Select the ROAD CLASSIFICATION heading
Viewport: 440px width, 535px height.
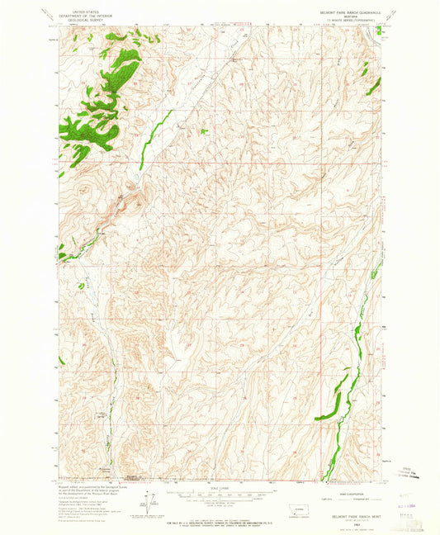coord(335,484)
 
